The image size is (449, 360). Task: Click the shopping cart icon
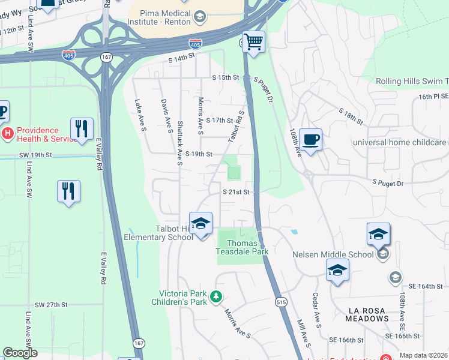click(254, 42)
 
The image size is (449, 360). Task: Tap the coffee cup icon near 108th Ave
click(310, 140)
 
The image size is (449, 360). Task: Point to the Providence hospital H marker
click(7, 133)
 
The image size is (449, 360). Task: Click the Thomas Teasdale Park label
click(242, 248)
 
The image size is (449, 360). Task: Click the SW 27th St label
click(51, 305)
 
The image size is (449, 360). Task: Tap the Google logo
click(20, 353)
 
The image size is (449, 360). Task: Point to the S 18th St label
click(351, 116)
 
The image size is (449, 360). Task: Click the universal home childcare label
click(400, 142)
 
